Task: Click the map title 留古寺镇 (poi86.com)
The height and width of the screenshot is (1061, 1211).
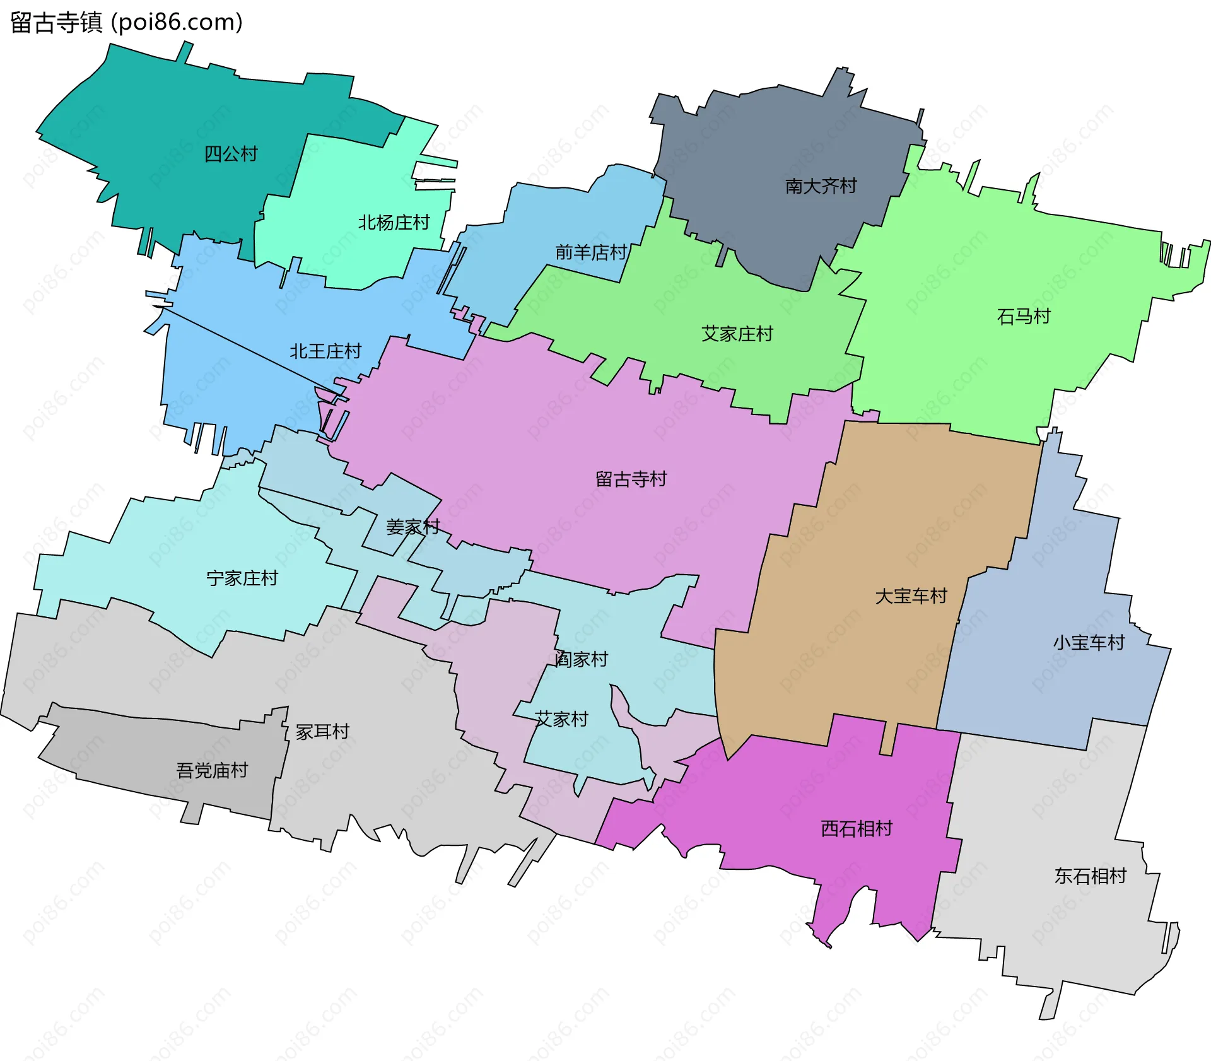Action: [x=126, y=23]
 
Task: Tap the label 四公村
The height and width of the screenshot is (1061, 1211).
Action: [x=231, y=154]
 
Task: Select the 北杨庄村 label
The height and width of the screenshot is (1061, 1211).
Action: [x=394, y=223]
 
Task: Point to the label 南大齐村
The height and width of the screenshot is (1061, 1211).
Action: [x=821, y=186]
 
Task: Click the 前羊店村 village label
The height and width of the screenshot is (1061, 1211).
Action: [x=590, y=252]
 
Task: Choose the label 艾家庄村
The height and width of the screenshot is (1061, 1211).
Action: [x=737, y=334]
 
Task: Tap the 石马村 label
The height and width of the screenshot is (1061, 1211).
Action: [x=1023, y=316]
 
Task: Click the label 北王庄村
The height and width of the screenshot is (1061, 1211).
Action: [x=325, y=351]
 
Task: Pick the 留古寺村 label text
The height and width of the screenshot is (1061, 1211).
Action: [x=631, y=479]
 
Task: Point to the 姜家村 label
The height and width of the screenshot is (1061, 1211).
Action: [x=412, y=527]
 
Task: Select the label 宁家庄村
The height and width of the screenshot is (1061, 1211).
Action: [x=242, y=578]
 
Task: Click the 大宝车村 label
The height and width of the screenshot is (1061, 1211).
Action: [x=911, y=596]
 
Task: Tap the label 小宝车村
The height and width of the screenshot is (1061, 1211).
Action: [x=1089, y=643]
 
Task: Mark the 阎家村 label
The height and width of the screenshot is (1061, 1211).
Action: [x=581, y=660]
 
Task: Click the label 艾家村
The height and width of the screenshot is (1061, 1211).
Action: [x=561, y=719]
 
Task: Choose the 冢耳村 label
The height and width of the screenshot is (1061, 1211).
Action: [x=322, y=732]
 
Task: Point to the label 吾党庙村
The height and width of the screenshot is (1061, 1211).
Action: [x=212, y=770]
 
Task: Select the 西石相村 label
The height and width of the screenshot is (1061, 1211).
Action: [x=857, y=829]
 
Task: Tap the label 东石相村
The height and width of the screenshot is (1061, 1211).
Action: [x=1090, y=876]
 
